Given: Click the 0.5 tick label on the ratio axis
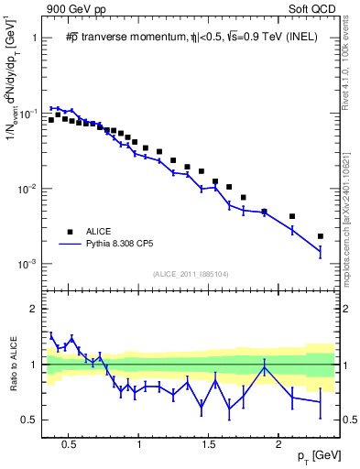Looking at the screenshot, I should coord(27,420).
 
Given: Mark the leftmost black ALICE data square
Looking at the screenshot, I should coord(51,120).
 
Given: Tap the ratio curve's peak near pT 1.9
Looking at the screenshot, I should coord(264,368).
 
